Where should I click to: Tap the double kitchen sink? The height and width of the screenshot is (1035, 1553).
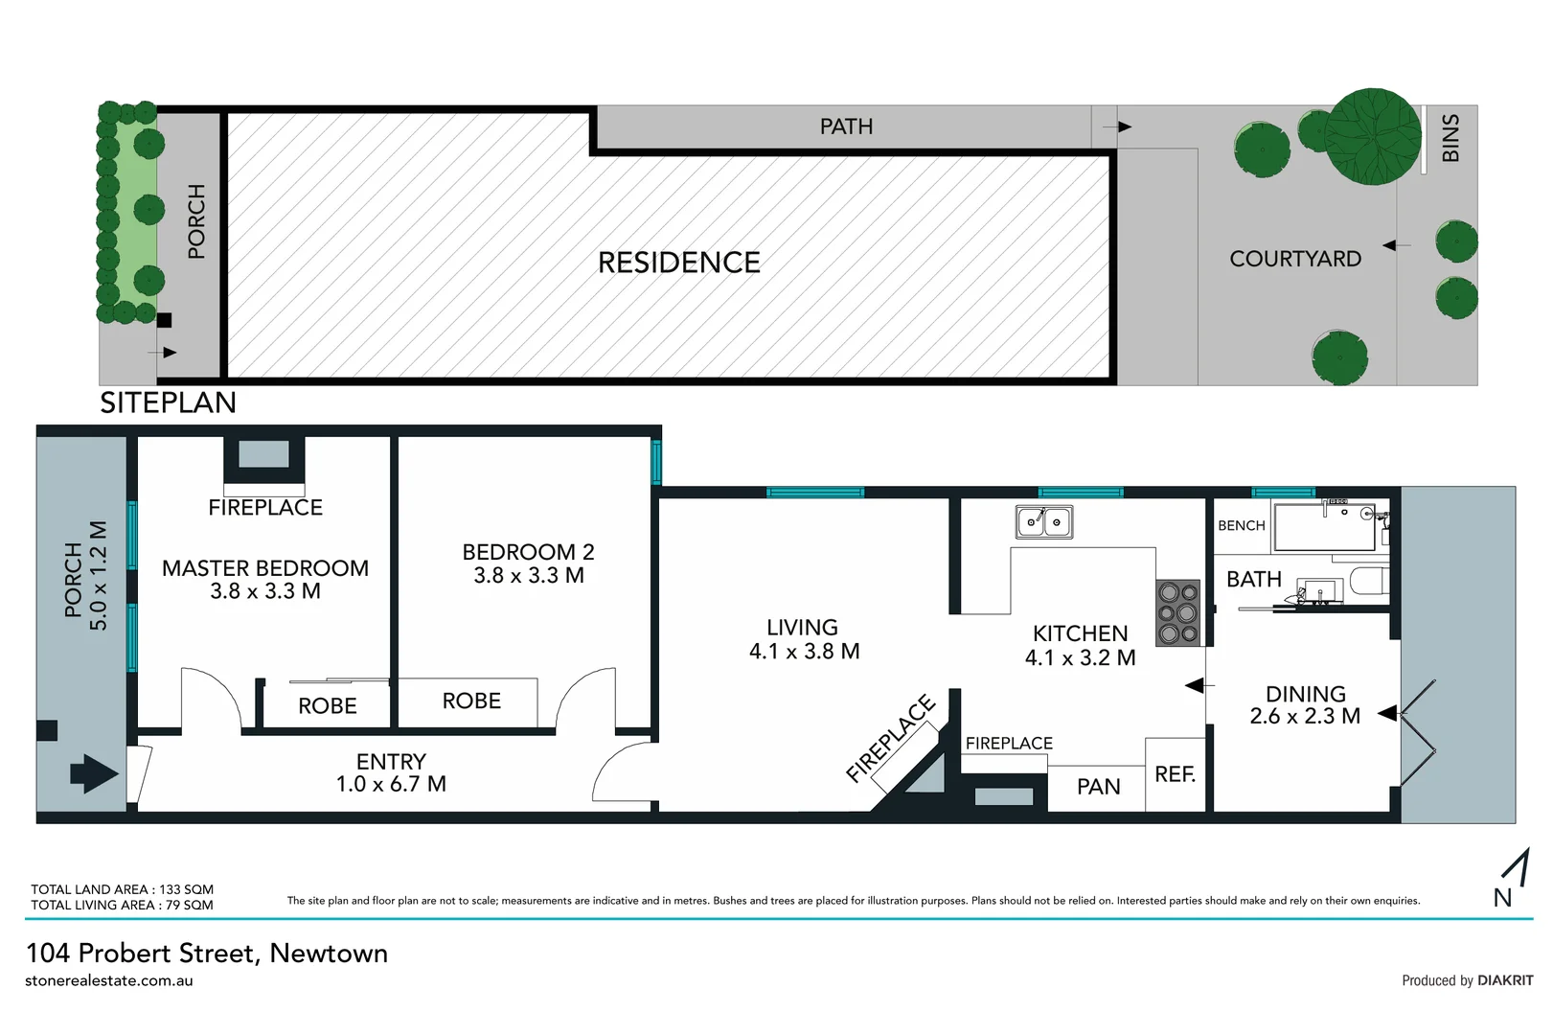pos(1044,522)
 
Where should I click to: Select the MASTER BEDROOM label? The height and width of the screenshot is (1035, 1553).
pos(265,568)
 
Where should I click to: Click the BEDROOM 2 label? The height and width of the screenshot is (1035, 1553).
pos(528,552)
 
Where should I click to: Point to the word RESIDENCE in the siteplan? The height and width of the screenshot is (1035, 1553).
pos(678,263)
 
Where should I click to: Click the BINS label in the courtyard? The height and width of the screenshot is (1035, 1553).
pos(1450,138)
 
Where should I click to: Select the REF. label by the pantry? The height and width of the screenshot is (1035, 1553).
pos(1175,774)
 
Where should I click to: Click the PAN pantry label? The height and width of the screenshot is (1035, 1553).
pos(1098,787)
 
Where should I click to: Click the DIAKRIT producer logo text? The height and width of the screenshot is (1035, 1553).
pos(1505,980)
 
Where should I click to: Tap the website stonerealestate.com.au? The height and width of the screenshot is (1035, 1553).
pos(109,980)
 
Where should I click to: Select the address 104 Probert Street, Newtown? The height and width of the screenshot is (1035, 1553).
pos(207,953)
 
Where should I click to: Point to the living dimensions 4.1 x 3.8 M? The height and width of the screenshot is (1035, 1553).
pos(804,652)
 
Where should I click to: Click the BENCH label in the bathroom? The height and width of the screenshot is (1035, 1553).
pos(1241,525)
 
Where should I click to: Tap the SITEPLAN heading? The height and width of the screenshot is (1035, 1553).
pos(168,402)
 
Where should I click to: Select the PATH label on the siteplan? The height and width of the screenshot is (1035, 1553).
pos(846,126)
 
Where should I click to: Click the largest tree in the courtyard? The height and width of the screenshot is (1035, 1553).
pos(1372,136)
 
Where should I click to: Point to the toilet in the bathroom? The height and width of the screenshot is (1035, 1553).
pos(1367,583)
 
